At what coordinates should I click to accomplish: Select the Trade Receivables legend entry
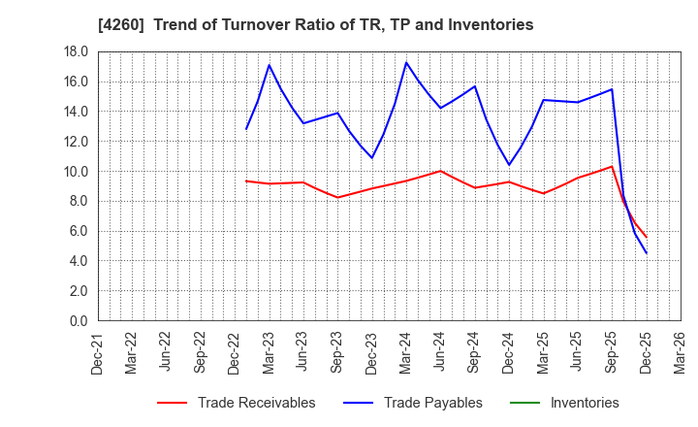[256, 403]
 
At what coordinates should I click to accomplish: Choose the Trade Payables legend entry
[432, 403]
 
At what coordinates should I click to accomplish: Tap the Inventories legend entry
[584, 403]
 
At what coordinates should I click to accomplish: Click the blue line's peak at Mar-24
[406, 62]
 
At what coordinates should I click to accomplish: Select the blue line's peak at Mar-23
[269, 65]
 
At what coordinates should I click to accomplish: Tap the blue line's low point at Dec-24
[509, 165]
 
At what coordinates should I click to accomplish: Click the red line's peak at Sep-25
[612, 166]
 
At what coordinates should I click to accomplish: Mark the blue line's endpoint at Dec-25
[646, 253]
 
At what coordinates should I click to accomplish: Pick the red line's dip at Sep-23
[337, 198]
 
